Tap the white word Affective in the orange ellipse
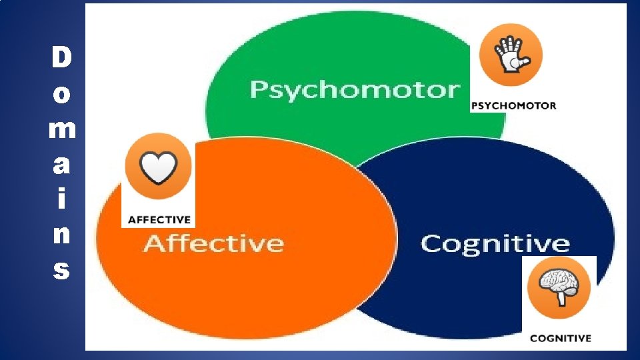pos(213,243)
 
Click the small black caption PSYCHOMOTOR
pos(513,105)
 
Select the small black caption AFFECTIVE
pos(159,219)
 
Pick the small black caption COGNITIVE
pos(560,338)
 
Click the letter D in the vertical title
pos(61,58)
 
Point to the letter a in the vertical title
pos(61,165)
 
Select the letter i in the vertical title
pos(61,199)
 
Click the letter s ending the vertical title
pos(61,271)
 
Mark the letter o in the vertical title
pos(61,95)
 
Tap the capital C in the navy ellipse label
pos(432,243)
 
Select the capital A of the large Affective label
pos(155,243)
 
